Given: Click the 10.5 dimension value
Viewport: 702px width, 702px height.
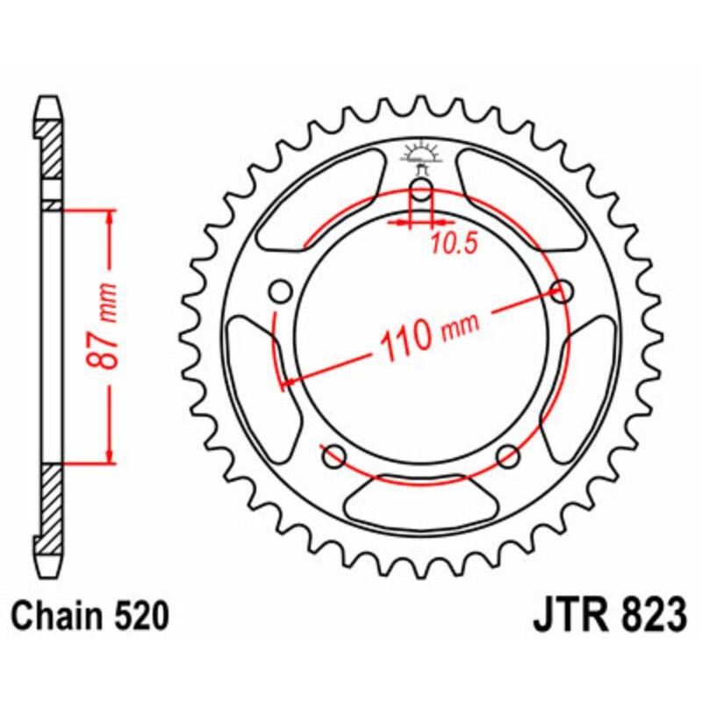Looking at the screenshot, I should click(454, 243).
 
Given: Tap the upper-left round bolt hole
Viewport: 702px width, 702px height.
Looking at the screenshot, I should click(281, 290).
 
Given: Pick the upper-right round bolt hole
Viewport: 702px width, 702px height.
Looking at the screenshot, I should click(562, 290).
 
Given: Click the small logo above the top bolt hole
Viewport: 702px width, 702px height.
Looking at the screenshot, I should click(422, 155).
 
